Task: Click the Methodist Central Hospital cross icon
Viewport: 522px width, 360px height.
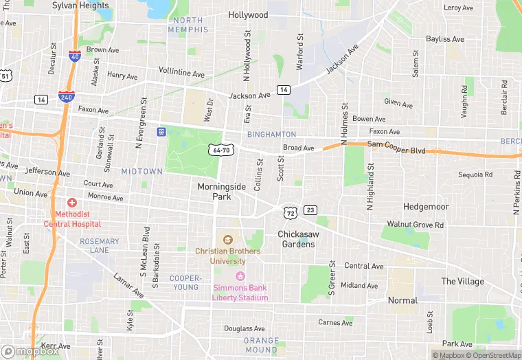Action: point(72,203)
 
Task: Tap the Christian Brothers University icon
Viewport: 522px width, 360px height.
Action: point(228,240)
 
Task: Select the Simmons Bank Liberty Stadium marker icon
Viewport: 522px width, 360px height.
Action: point(240,276)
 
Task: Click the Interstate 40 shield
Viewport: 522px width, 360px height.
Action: point(73,56)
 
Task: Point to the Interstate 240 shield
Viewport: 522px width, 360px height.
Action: point(67,98)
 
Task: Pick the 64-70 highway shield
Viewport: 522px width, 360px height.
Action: point(221,149)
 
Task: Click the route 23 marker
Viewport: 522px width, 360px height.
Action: point(310,210)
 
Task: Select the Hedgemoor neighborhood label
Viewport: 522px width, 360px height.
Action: point(426,206)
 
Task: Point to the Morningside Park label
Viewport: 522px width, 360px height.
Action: point(221,191)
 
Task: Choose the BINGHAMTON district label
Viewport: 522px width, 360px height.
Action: point(271,135)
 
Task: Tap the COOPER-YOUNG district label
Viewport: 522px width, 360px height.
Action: point(185,283)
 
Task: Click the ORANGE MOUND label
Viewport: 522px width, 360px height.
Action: point(262,345)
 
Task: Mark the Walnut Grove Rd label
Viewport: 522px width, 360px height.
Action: point(415,225)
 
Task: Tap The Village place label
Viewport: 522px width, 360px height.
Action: point(462,282)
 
